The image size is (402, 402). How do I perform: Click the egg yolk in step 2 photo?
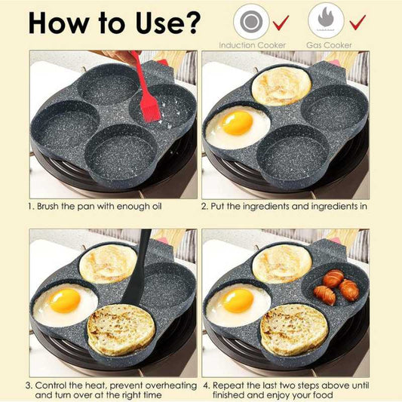[236, 123]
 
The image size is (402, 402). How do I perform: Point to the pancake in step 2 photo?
[281, 85]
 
